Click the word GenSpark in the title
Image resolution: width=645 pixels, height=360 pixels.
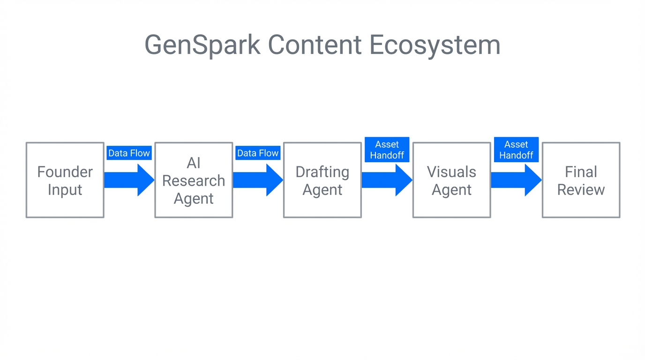202,45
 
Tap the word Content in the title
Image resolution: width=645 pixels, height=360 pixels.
315,45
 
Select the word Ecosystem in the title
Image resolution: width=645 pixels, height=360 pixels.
435,45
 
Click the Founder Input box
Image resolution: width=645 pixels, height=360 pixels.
65,180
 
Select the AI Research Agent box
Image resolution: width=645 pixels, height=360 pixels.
194,180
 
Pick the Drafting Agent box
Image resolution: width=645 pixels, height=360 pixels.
322,180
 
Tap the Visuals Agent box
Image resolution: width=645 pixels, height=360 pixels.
451,180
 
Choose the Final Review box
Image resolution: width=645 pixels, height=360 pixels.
581,180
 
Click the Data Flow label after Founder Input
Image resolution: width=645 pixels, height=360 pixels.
129,153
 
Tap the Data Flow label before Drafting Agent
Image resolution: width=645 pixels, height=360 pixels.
258,153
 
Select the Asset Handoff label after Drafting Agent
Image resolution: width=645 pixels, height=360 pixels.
387,150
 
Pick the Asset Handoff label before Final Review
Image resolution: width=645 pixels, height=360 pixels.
516,150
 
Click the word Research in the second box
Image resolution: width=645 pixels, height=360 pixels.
194,180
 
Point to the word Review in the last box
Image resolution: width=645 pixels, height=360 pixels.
581,189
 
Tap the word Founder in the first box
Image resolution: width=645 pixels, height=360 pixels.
65,172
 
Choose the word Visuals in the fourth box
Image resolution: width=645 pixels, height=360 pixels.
451,172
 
